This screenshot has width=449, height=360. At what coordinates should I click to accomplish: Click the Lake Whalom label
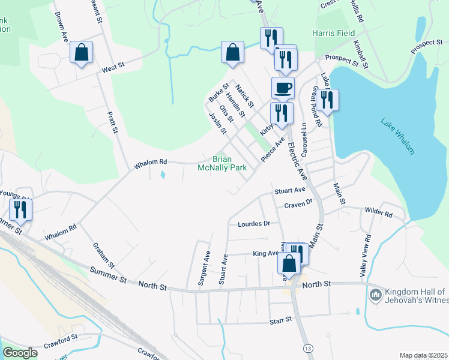pos(397,136)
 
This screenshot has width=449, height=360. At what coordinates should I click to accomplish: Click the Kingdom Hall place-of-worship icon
pos(376,294)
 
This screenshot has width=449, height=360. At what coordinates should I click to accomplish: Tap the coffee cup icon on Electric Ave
pos(283,88)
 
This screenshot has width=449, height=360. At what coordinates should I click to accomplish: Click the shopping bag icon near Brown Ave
pos(82,52)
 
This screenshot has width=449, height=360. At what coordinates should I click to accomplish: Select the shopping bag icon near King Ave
pos(289,263)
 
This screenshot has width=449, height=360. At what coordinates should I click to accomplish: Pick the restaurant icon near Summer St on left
pos(21,209)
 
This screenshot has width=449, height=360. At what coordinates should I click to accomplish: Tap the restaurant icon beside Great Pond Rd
pos(327,100)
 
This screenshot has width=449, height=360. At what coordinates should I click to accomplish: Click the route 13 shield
pos(308,349)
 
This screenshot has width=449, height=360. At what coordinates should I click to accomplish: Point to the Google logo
pos(20,353)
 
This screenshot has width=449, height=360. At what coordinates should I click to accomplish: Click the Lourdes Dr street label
pos(255,223)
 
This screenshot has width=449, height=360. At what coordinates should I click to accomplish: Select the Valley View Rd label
pos(366,254)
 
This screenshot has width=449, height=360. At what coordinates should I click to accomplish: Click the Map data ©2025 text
pos(423,355)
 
